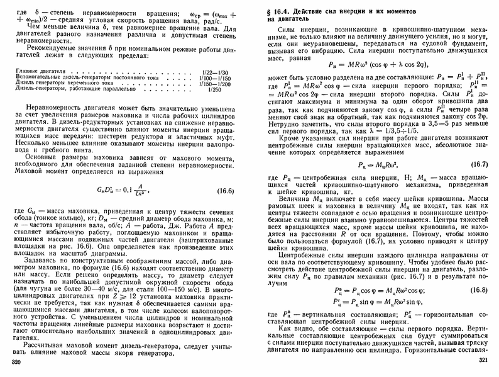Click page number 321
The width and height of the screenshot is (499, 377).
click(483, 359)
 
